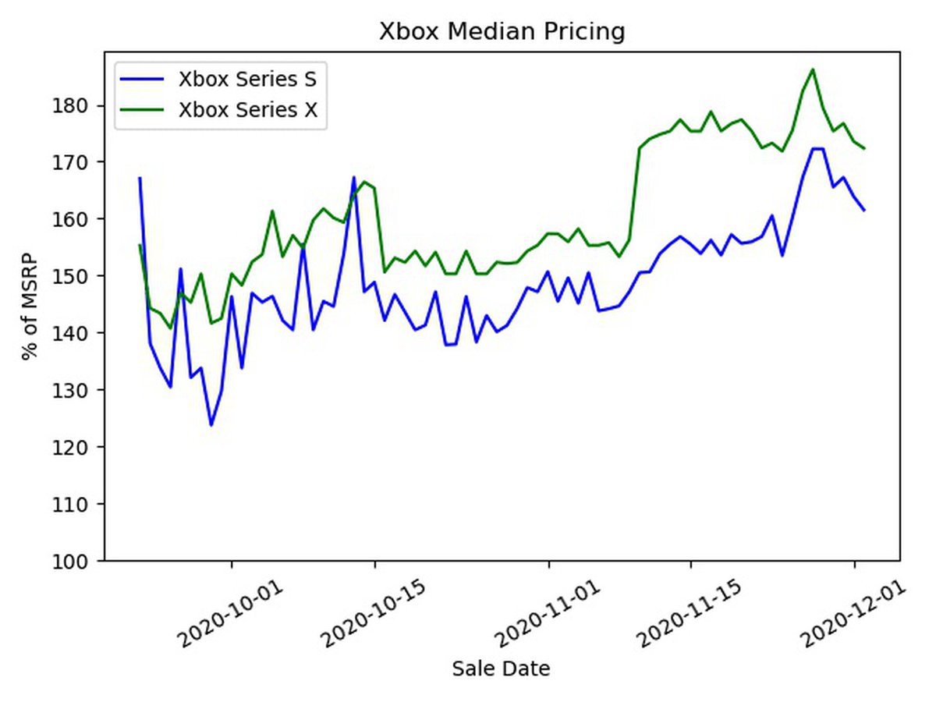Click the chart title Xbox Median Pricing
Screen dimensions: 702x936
click(502, 32)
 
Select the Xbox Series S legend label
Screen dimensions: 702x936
click(246, 79)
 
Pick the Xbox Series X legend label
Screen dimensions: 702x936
click(247, 109)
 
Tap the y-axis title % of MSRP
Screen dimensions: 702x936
click(30, 306)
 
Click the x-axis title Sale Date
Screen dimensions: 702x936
click(501, 668)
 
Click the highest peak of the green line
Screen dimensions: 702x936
click(813, 69)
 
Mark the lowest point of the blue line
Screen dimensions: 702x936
click(211, 425)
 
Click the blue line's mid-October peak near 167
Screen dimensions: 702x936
click(354, 177)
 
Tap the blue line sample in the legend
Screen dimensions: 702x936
click(143, 79)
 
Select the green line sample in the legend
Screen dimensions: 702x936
click(143, 109)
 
